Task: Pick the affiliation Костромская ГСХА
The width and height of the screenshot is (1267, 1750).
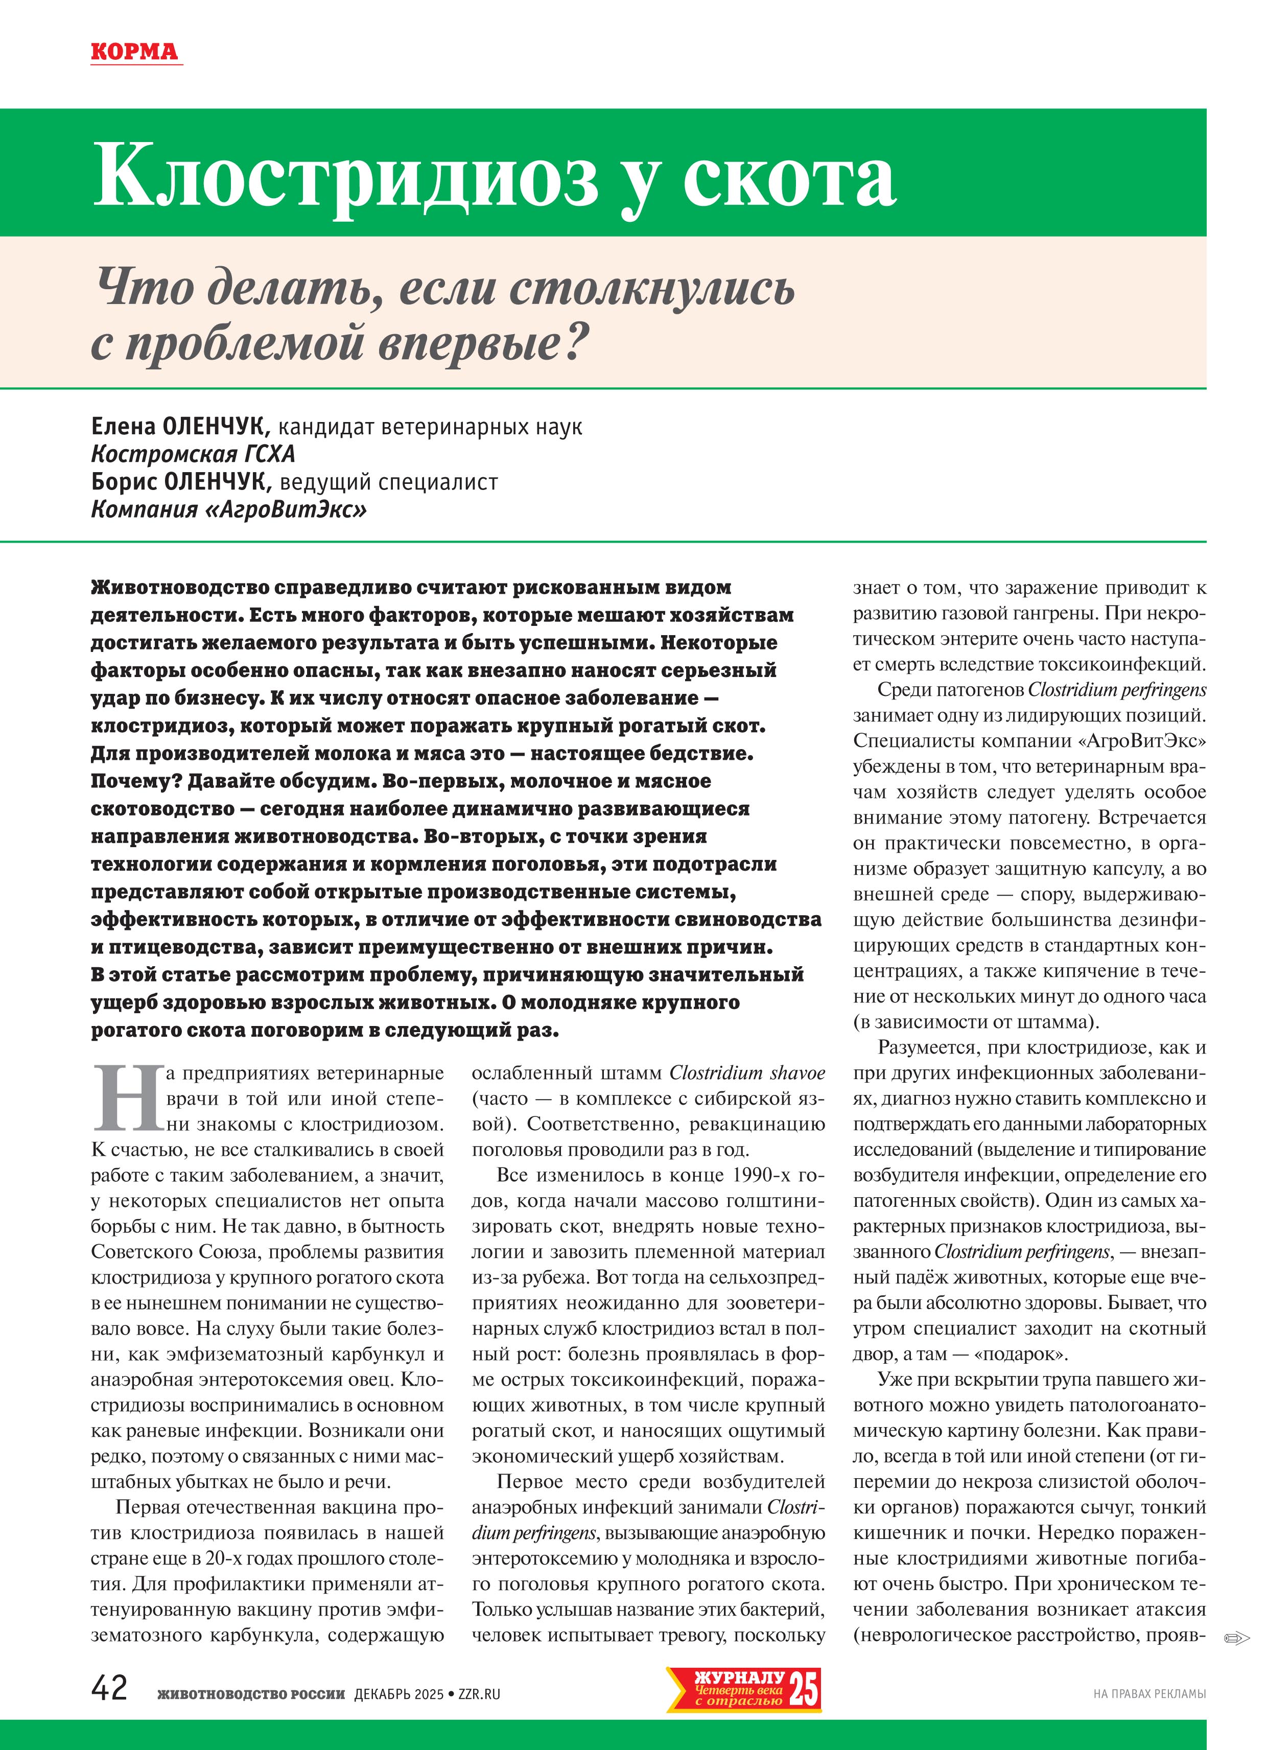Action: (193, 454)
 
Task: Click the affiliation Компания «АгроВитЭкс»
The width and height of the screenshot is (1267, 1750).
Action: (228, 510)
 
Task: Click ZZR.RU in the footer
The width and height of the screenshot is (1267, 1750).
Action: (479, 1694)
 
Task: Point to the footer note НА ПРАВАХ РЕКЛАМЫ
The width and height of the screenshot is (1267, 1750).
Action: (1149, 1694)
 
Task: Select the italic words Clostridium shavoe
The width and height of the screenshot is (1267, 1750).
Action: (747, 1074)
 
